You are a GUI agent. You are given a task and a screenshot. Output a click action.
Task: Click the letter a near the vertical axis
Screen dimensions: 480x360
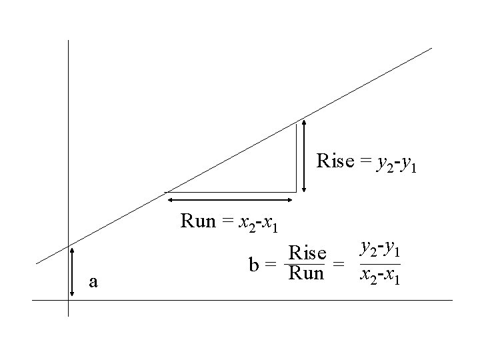[93, 282]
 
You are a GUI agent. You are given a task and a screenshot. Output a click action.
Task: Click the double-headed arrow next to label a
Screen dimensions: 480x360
[72, 271]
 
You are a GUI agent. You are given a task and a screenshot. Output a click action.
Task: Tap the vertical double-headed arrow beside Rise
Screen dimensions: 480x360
[304, 155]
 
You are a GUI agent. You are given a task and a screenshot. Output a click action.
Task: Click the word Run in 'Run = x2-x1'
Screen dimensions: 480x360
[198, 221]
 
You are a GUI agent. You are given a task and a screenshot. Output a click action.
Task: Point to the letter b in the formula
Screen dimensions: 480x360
[253, 265]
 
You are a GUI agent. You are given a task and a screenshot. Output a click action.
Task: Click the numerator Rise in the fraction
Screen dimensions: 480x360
[307, 254]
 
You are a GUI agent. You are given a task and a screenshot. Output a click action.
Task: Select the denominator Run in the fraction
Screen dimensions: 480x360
[306, 273]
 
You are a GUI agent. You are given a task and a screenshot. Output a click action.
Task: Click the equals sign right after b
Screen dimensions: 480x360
[270, 265]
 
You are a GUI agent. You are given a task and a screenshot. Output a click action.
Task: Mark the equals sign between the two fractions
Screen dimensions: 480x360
[339, 265]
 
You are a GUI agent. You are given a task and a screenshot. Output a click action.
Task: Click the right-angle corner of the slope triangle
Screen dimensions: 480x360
[295, 192]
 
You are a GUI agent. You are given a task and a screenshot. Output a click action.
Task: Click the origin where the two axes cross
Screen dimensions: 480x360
[68, 301]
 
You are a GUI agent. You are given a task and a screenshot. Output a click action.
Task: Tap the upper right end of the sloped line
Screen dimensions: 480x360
[431, 48]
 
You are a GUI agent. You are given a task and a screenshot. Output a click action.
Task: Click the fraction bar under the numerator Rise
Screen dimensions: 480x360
[305, 264]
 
